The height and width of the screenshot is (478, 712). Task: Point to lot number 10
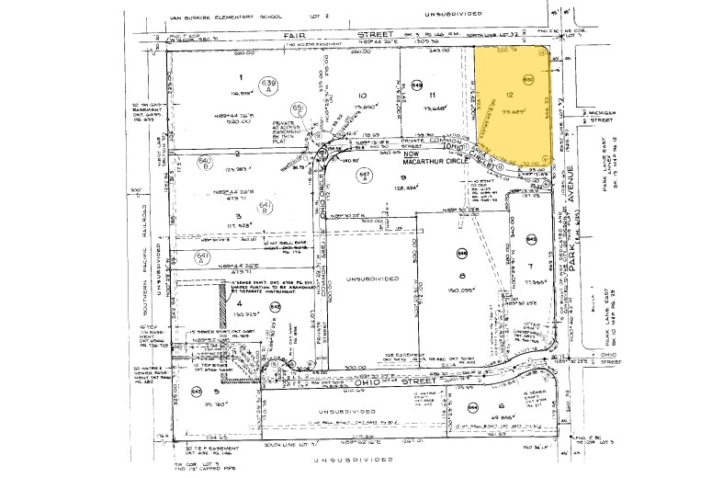click(x=363, y=96)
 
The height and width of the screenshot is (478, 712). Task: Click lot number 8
click(x=464, y=276)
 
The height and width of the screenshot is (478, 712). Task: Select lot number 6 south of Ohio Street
click(x=502, y=405)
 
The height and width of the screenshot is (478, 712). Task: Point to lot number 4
click(x=241, y=301)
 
